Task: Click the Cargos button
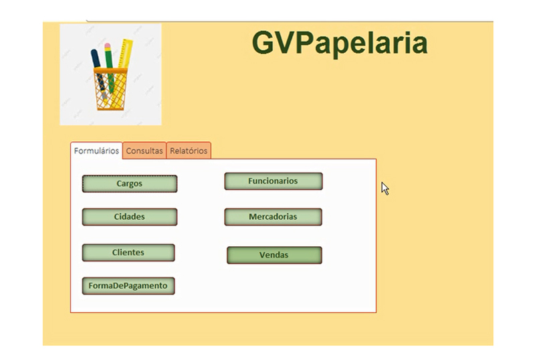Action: pyautogui.click(x=130, y=184)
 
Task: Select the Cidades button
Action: pyautogui.click(x=130, y=217)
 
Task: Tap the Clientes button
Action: pyautogui.click(x=128, y=253)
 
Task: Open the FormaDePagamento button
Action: pyautogui.click(x=128, y=286)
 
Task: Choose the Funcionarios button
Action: pyautogui.click(x=274, y=181)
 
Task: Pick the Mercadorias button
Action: pyautogui.click(x=273, y=217)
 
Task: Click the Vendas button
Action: pyautogui.click(x=274, y=255)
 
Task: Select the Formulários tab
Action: pyautogui.click(x=96, y=151)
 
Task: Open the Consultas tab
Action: pyautogui.click(x=144, y=151)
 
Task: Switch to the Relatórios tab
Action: pyautogui.click(x=189, y=151)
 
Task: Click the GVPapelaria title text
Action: pyautogui.click(x=340, y=43)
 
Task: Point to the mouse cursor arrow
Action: pyautogui.click(x=385, y=188)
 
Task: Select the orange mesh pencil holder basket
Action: pyautogui.click(x=110, y=89)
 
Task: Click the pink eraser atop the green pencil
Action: pyautogui.click(x=108, y=46)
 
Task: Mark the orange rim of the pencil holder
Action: pyautogui.click(x=110, y=70)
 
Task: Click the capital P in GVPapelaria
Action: pyautogui.click(x=305, y=43)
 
